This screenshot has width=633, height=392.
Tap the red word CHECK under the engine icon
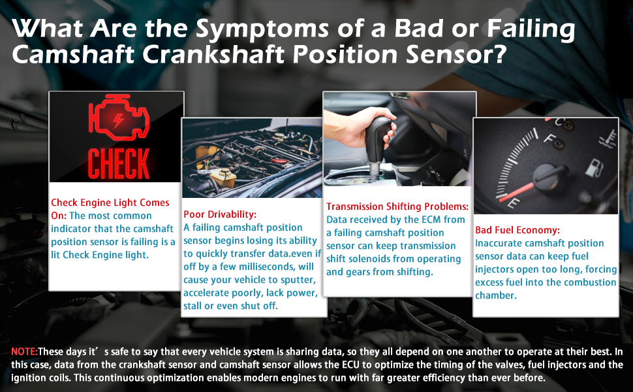tap(119, 163)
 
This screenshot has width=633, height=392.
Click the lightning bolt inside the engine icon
tap(118, 120)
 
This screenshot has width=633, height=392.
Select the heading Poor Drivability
tap(220, 214)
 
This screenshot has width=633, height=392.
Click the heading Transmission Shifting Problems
tap(397, 206)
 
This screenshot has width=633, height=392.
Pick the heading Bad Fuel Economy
tap(517, 230)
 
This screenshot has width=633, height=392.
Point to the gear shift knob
tap(380, 137)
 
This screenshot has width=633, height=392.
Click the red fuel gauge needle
tap(518, 191)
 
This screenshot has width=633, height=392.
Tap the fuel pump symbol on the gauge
tap(594, 168)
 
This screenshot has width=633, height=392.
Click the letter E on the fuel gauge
tap(513, 203)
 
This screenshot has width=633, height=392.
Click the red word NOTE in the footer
tap(24, 351)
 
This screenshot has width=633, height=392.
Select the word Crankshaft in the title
tap(213, 55)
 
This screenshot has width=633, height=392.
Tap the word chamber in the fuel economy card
tap(496, 295)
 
